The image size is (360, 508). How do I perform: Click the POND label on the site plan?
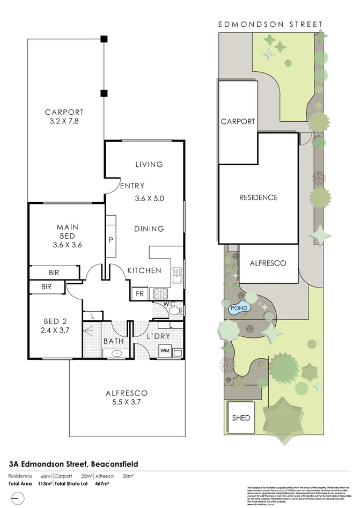[238, 309]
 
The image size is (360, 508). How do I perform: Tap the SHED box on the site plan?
[241, 417]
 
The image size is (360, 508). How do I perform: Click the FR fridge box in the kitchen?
[139, 294]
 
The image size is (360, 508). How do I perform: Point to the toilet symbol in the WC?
[177, 310]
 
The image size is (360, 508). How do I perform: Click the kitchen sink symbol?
[177, 277]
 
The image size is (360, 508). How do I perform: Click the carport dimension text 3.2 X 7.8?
[64, 122]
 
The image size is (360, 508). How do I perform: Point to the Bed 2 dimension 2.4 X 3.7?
[55, 331]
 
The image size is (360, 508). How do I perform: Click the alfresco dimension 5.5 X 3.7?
[126, 402]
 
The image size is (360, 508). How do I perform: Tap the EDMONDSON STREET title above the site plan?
[270, 24]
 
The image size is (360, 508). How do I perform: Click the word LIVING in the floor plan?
[149, 164]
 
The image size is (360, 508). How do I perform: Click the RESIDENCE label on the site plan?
[258, 197]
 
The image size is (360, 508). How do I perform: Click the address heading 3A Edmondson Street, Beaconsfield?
[74, 463]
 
